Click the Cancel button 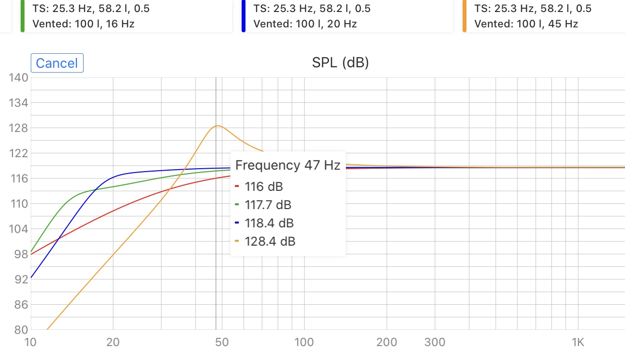[x=57, y=63]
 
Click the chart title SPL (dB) [x=340, y=62]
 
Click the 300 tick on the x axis [x=435, y=342]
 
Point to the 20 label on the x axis [x=113, y=342]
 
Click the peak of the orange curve [x=218, y=126]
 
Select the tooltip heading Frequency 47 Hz [x=287, y=166]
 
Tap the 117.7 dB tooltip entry [x=268, y=205]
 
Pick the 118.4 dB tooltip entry [x=269, y=223]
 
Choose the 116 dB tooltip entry [x=264, y=187]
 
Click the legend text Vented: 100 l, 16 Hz [x=83, y=24]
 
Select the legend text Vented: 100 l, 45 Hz [x=526, y=24]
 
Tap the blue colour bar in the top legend [x=244, y=16]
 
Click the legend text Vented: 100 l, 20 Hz [x=305, y=24]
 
